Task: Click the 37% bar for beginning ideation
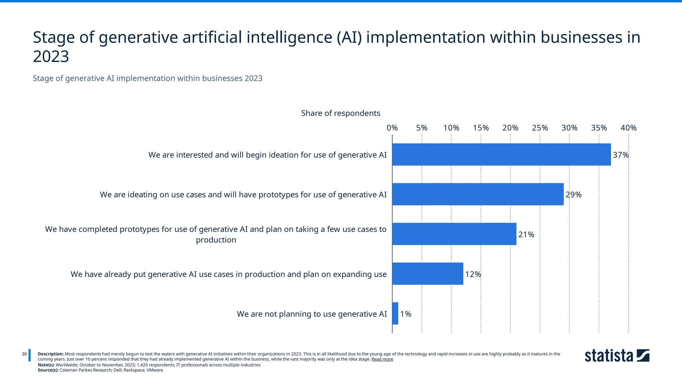501,154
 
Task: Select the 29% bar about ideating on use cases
478,194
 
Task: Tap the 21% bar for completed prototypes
454,234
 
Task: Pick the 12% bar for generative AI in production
428,274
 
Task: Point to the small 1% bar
395,313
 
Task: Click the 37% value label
621,155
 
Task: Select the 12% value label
473,274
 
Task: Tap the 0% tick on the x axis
392,128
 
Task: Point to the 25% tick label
540,128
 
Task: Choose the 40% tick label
628,128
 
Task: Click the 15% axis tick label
481,128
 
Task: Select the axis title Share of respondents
340,113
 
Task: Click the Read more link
382,359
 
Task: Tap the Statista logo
617,356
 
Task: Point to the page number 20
24,354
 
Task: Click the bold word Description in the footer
51,354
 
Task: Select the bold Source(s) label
48,370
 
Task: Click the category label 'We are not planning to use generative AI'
312,314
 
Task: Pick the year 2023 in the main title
51,56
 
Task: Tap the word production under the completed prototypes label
216,240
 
